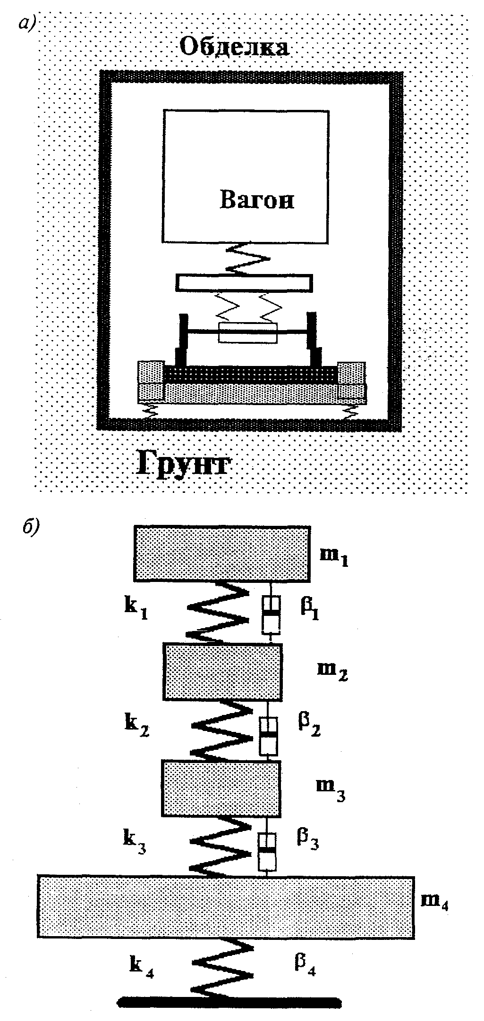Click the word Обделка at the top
click(x=235, y=47)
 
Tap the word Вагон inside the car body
click(x=257, y=200)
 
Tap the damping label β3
click(x=307, y=841)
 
